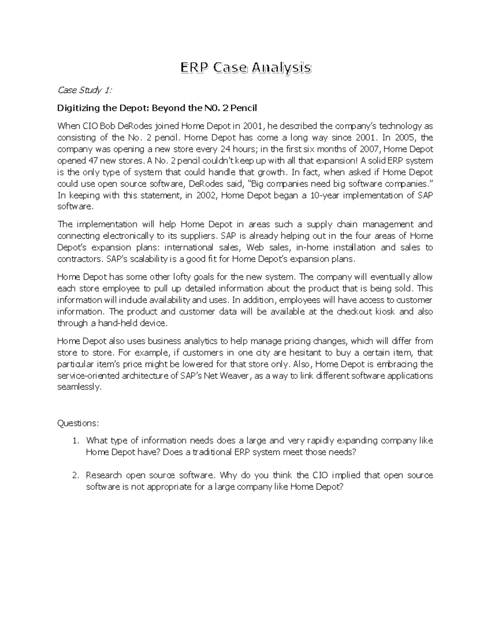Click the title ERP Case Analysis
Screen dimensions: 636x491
pos(246,68)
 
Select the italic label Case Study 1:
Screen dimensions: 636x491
pos(84,91)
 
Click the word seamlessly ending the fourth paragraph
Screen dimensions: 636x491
pos(79,387)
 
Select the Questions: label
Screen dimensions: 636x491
pos(78,423)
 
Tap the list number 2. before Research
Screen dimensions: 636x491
pos(75,475)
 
